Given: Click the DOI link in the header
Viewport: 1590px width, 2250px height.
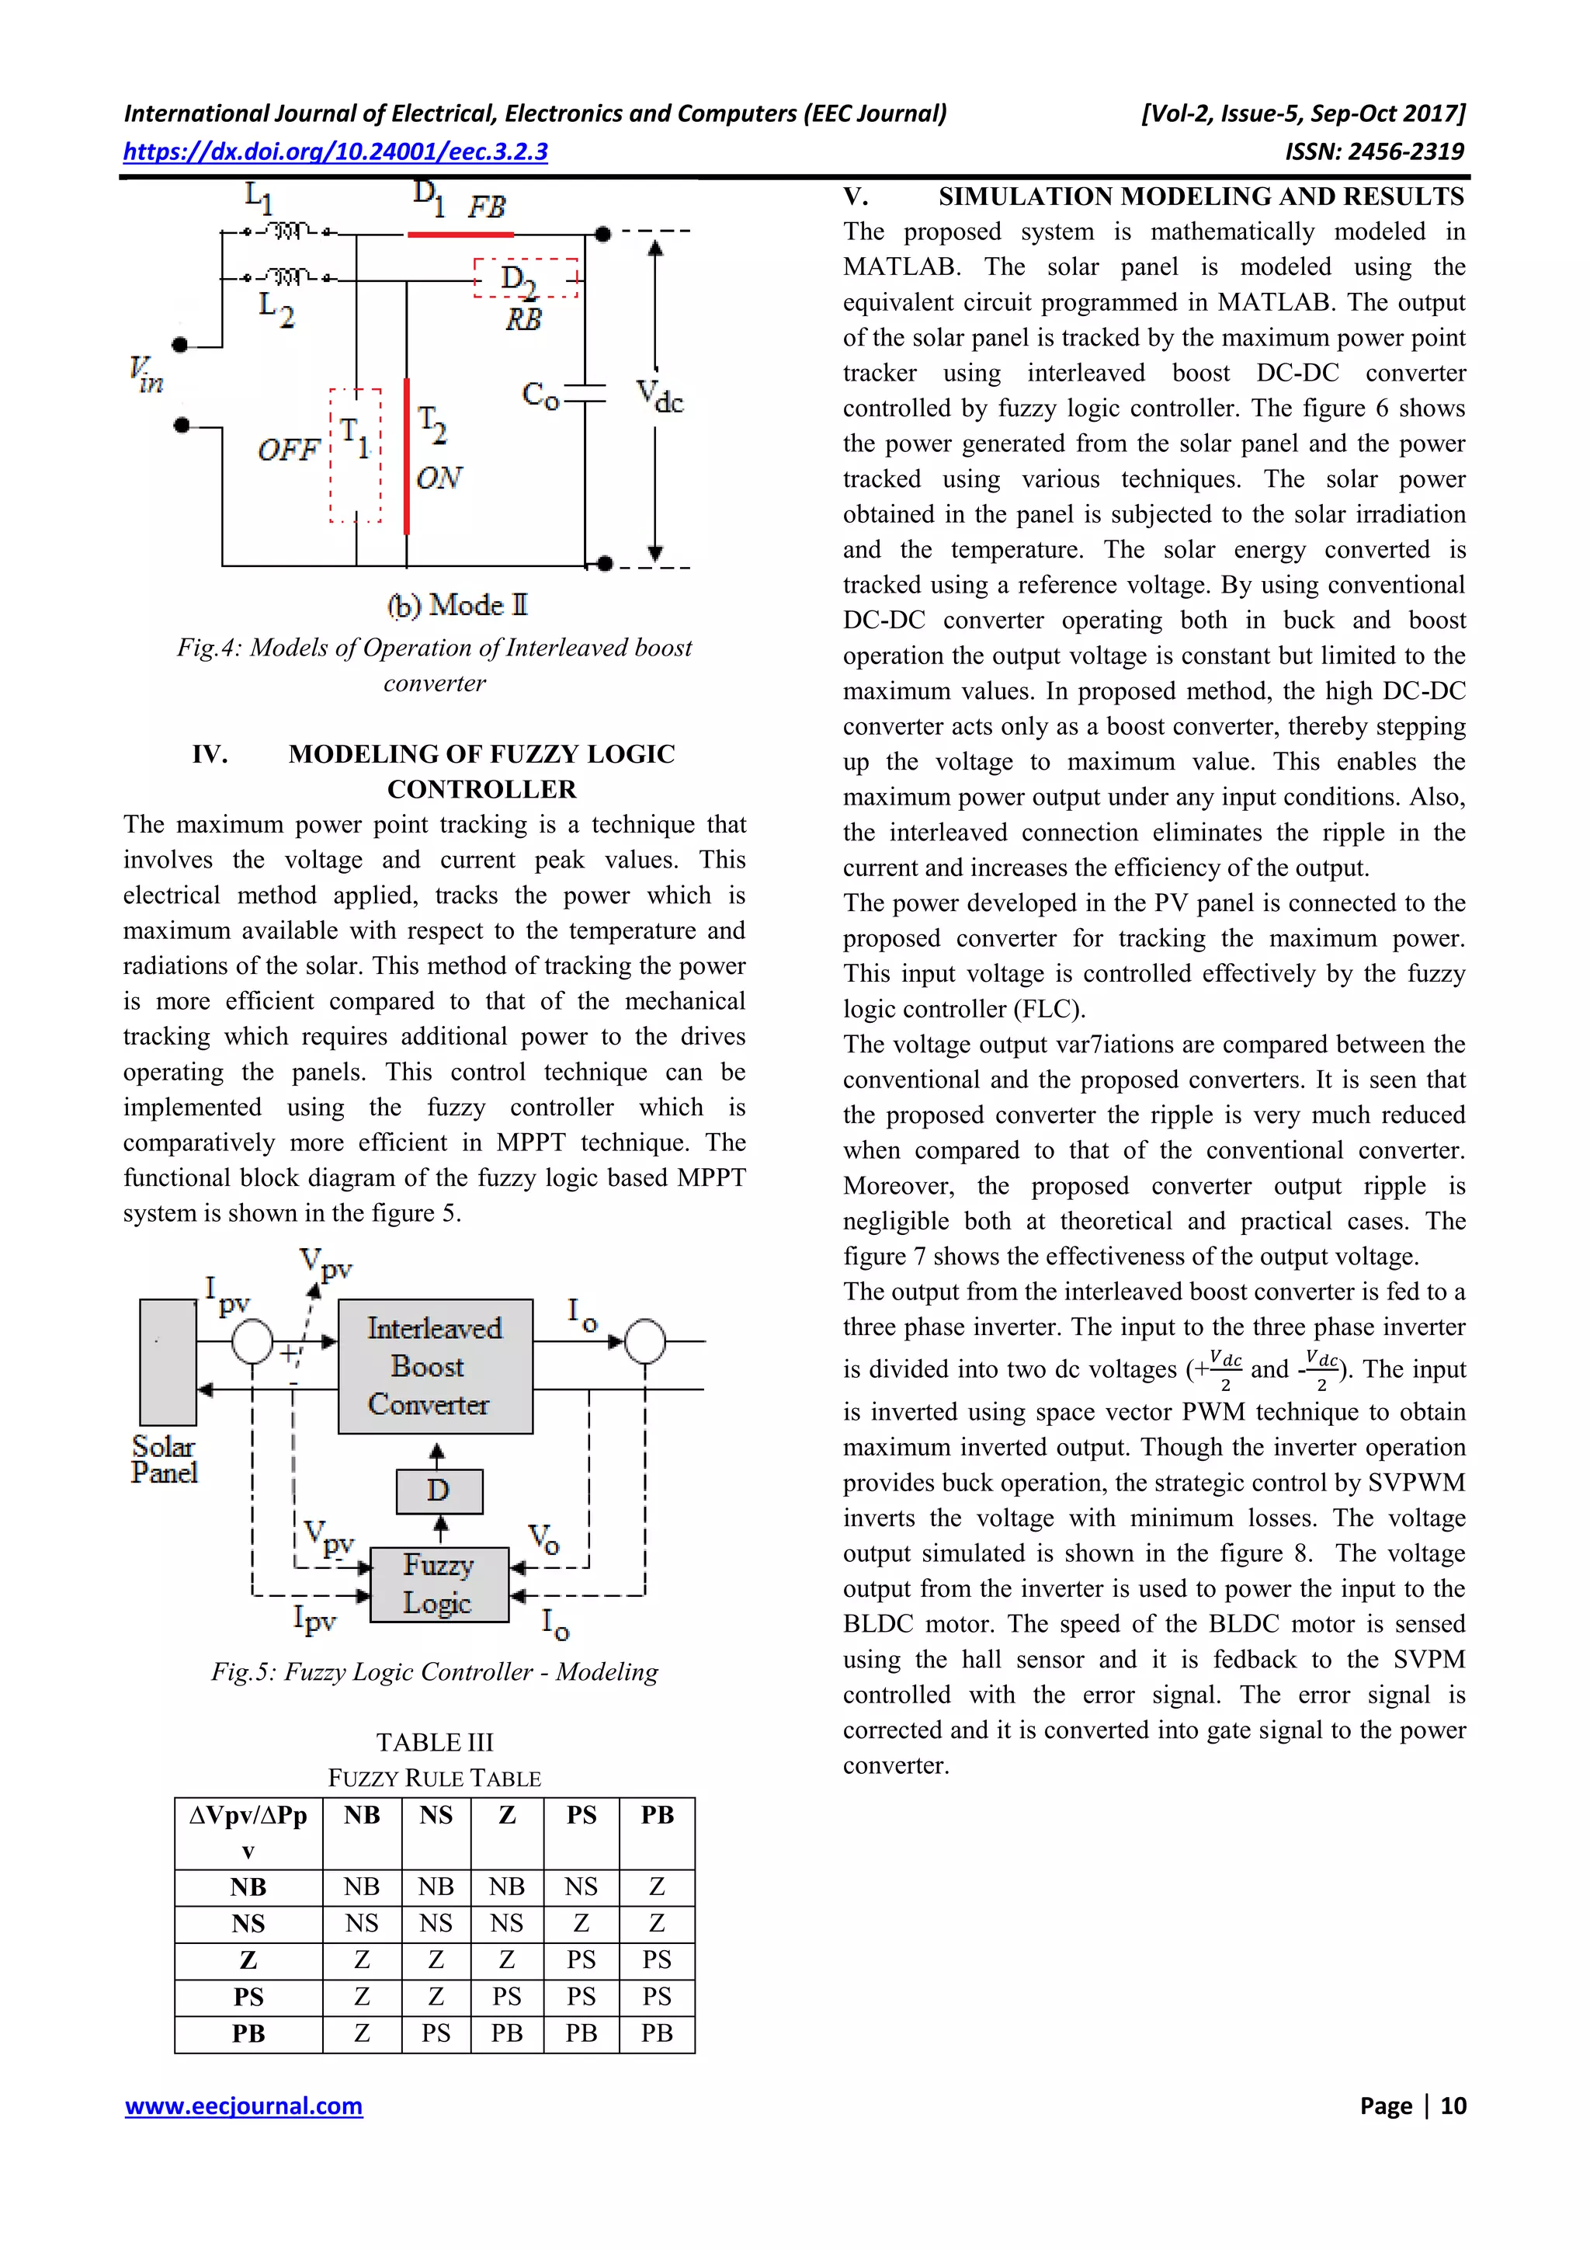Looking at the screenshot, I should click(335, 152).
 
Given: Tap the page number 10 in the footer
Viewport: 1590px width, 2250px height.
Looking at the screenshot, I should click(1453, 2106).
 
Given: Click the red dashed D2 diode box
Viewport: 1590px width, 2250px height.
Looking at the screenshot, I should click(526, 277).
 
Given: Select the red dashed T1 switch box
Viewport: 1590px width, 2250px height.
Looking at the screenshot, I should click(355, 454).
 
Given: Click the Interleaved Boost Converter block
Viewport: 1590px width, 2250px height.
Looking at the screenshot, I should click(435, 1366).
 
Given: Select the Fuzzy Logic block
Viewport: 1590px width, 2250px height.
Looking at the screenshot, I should click(439, 1584).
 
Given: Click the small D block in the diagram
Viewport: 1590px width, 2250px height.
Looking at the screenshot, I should click(439, 1490).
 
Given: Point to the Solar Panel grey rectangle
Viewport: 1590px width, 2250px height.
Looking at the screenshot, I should click(168, 1361).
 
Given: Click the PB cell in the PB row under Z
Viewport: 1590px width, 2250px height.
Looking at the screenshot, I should click(506, 2033).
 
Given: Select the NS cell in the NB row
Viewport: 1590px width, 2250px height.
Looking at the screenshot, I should click(581, 1887).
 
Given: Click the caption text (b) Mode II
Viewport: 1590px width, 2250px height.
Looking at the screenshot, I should click(457, 606).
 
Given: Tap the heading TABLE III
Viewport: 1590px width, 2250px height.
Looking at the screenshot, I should click(434, 1741).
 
